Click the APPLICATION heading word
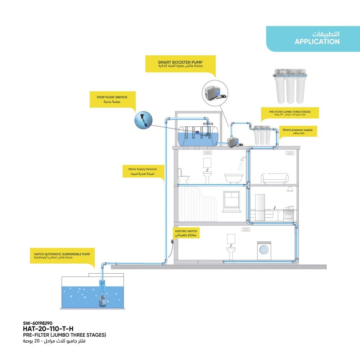coord(317,42)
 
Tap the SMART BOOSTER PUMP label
coord(180,62)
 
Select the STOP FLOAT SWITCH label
coord(112,97)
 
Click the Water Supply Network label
coord(142,169)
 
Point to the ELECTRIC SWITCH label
coord(186,231)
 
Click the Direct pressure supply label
coord(297,130)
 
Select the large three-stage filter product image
coord(290,88)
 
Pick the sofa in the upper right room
coord(274,178)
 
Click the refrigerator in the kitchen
coord(260,207)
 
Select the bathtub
coord(234,178)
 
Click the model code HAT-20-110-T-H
coord(48,328)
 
